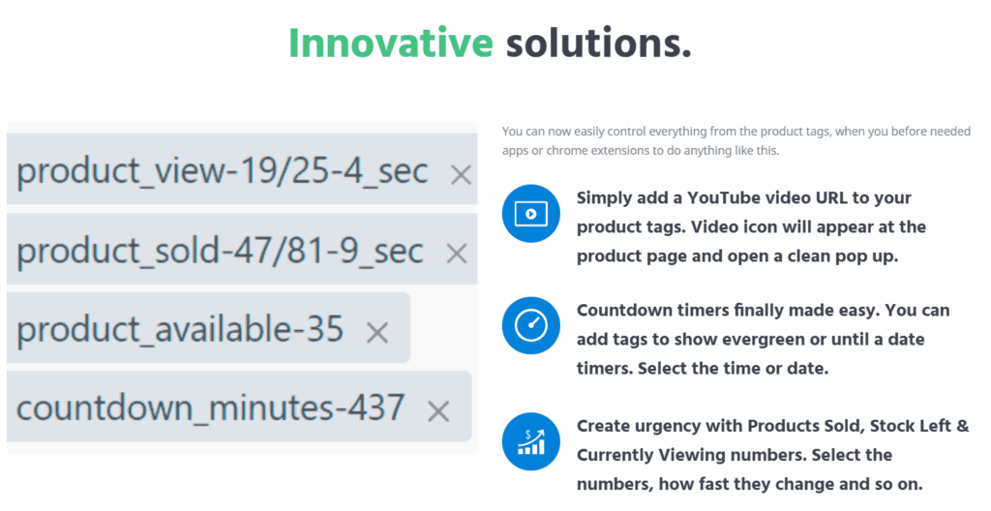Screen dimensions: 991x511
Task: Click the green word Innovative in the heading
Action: (x=391, y=43)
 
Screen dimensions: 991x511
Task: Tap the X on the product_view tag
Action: (x=461, y=175)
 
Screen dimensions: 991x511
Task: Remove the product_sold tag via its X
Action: (x=457, y=254)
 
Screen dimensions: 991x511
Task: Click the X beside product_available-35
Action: (x=377, y=332)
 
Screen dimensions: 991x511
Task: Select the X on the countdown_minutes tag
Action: (x=438, y=411)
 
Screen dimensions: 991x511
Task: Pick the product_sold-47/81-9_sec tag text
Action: (x=220, y=251)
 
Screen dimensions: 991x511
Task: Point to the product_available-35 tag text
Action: (x=180, y=329)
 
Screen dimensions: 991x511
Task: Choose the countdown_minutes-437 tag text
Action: (x=210, y=407)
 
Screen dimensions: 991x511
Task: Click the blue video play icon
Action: (x=531, y=214)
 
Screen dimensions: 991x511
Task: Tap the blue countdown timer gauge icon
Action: (x=531, y=325)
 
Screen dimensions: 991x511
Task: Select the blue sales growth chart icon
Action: (x=531, y=441)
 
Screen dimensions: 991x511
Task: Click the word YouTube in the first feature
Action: (x=727, y=198)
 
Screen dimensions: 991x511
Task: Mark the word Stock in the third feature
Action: (x=893, y=426)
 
